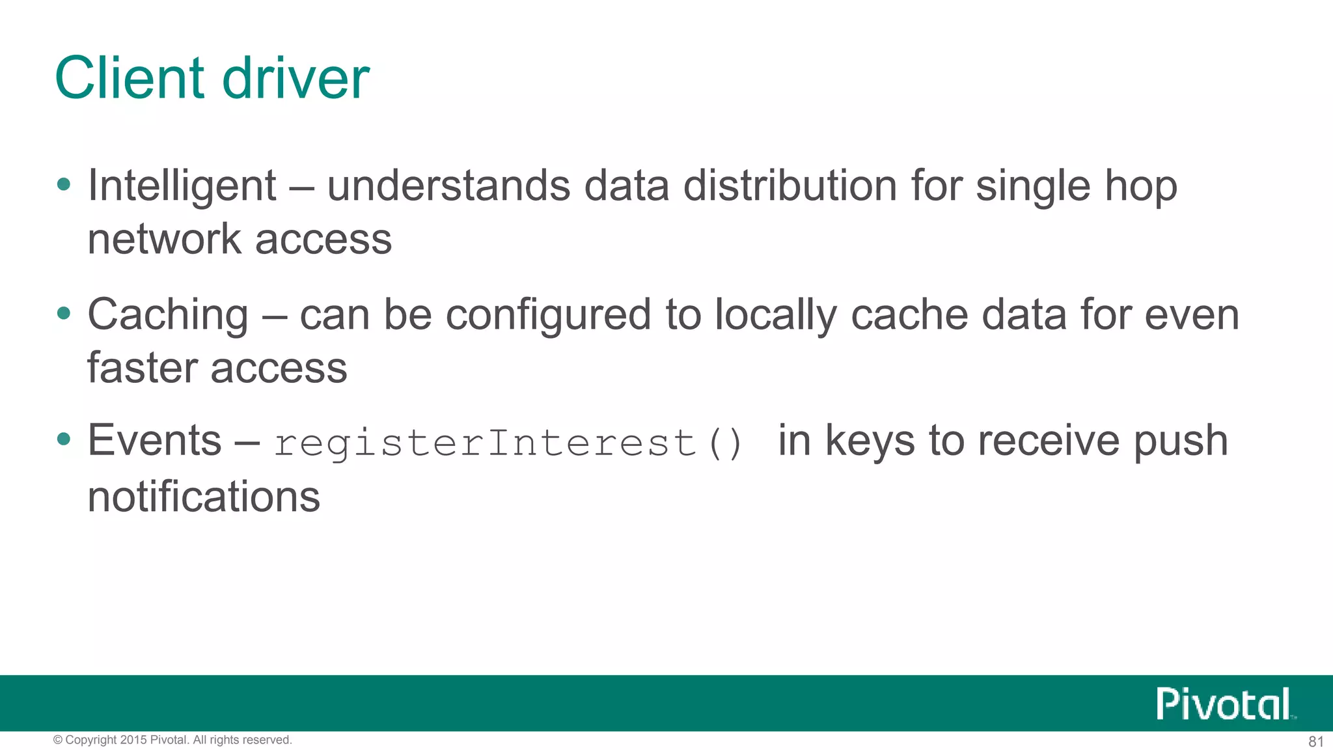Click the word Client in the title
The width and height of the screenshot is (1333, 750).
130,78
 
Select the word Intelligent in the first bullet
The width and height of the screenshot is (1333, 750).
182,186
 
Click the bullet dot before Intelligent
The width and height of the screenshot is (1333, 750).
63,184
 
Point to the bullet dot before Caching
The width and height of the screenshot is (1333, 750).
63,314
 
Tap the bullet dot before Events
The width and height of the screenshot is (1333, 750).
63,439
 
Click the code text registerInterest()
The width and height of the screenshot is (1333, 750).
508,443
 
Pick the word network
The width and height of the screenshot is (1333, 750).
164,239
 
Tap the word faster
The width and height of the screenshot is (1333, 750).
142,368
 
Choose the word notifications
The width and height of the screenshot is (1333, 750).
204,497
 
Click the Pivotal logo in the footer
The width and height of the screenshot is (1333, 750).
1224,704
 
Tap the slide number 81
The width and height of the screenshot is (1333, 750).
1315,742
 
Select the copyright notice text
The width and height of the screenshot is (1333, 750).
172,740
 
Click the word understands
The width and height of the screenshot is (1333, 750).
448,186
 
